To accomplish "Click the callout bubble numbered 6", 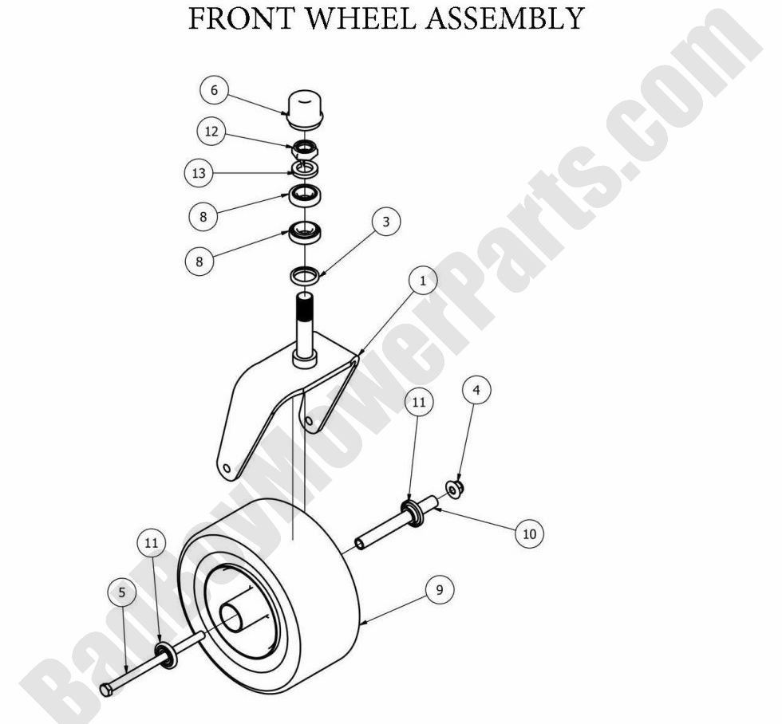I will pos(214,90).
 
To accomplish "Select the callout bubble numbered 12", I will pos(211,132).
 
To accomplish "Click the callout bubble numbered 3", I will pos(386,222).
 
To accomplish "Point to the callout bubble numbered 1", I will pos(423,281).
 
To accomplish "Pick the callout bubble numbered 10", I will pos(529,533).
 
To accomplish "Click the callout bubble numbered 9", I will pos(439,590).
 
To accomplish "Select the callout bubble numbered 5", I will pos(122,592).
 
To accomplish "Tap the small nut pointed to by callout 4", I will pos(457,488).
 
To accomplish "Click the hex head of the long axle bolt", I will pos(106,689).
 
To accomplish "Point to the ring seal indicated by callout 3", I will pos(304,276).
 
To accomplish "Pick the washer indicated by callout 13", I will pos(304,168).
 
